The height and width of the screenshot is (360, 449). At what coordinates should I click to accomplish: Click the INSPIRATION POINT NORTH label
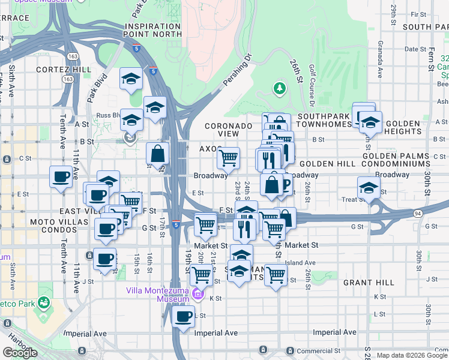152,31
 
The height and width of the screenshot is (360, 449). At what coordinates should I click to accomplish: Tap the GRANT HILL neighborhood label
369,282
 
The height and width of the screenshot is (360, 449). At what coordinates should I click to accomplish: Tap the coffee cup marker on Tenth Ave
61,176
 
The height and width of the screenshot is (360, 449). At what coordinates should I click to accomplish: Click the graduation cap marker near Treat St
369,187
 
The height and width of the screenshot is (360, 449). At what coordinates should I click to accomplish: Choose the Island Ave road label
301,263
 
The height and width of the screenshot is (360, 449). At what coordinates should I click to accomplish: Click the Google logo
20,353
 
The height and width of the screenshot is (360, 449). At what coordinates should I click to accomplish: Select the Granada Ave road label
380,61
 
